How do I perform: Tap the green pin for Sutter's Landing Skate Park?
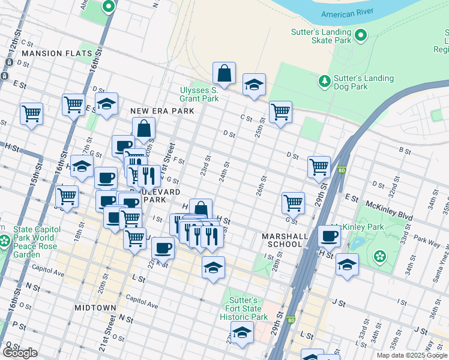coord(361,36)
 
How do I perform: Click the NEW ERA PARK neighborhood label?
coord(162,111)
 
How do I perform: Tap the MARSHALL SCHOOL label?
coord(282,240)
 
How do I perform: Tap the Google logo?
coord(20,353)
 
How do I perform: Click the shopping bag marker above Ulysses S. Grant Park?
coord(224,74)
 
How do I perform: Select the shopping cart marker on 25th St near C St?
coord(280,112)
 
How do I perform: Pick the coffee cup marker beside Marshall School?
coord(329,236)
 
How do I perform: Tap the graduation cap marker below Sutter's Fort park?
coord(242,332)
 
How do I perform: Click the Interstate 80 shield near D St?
coord(342,170)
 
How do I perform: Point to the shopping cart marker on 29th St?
coord(319,167)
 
